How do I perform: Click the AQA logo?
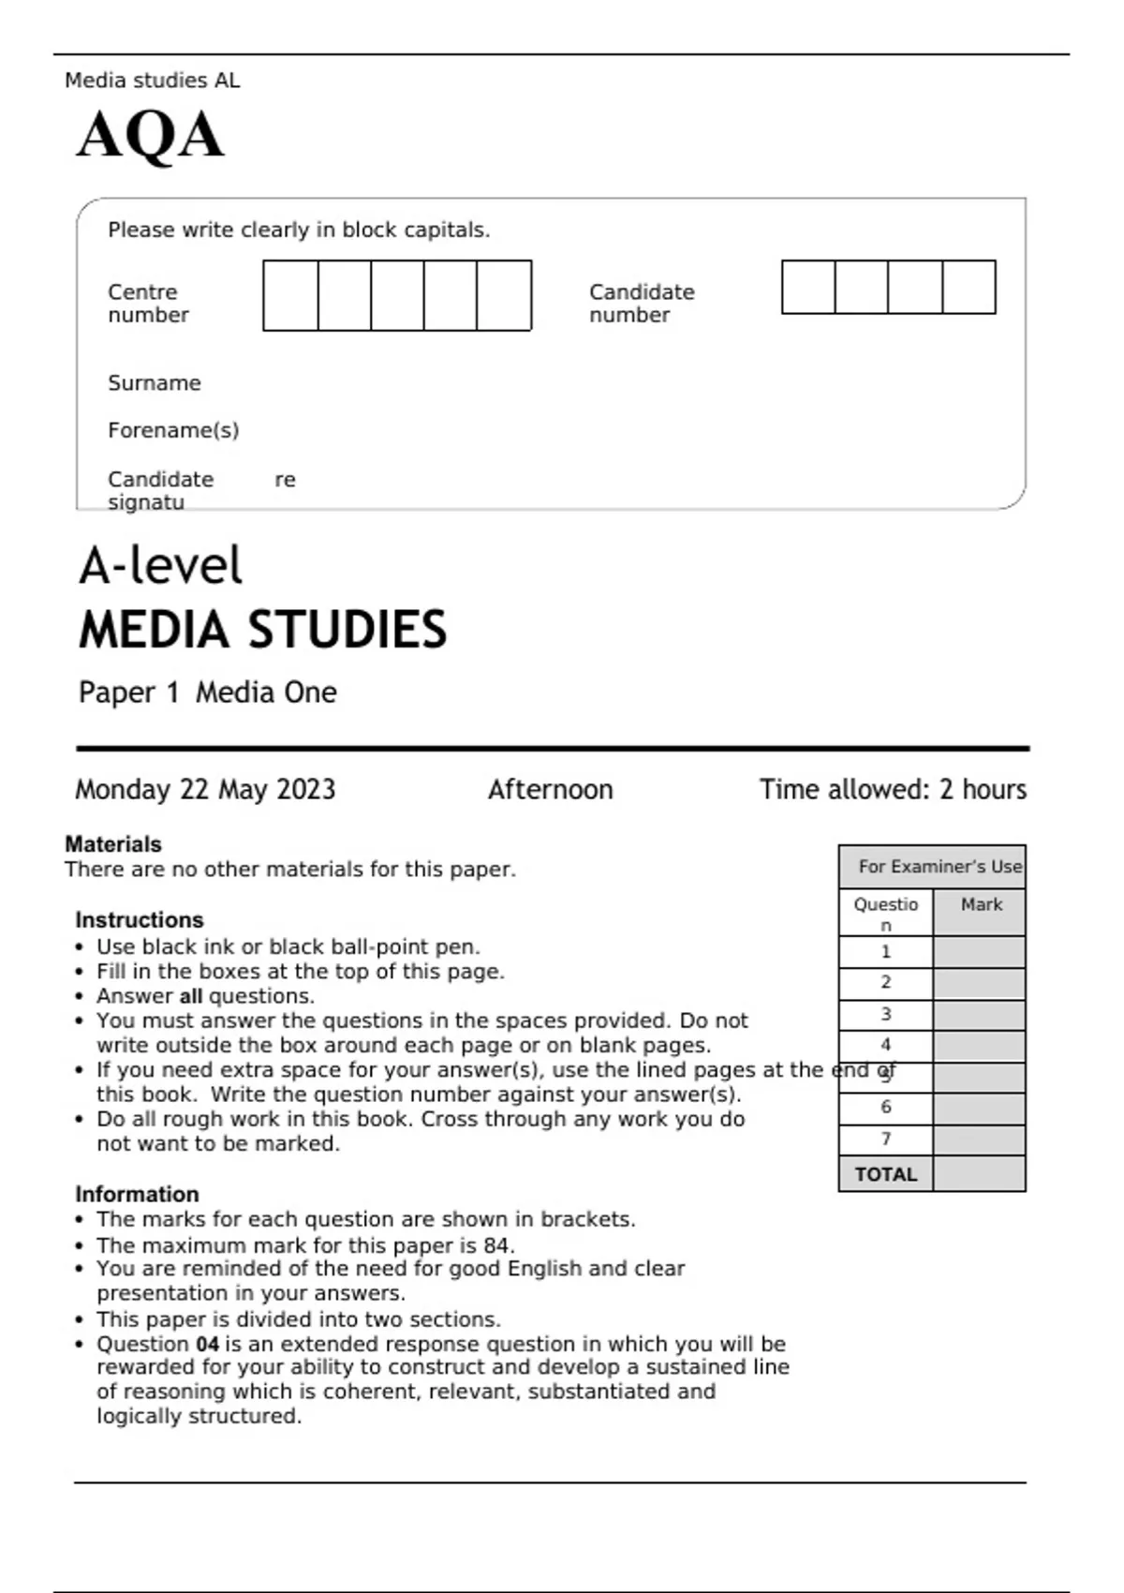(x=150, y=136)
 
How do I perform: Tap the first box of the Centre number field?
(x=290, y=296)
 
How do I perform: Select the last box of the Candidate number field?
(x=969, y=288)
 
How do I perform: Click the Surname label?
(x=155, y=383)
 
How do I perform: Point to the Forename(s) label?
(x=173, y=430)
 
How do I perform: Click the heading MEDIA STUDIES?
(x=263, y=630)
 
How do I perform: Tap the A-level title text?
(x=160, y=566)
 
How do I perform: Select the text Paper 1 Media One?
(x=208, y=692)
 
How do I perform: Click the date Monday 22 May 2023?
(x=205, y=790)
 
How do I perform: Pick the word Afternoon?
(x=550, y=790)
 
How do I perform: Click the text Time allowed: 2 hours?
(x=893, y=790)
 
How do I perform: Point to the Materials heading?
(x=113, y=844)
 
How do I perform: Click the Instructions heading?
(x=140, y=920)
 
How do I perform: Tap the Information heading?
(x=138, y=1195)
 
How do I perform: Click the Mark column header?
(x=981, y=905)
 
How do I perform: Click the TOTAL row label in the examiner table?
(x=885, y=1175)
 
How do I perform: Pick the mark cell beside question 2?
(x=979, y=984)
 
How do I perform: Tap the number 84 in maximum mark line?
(x=496, y=1246)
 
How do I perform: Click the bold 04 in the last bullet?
(x=207, y=1345)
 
